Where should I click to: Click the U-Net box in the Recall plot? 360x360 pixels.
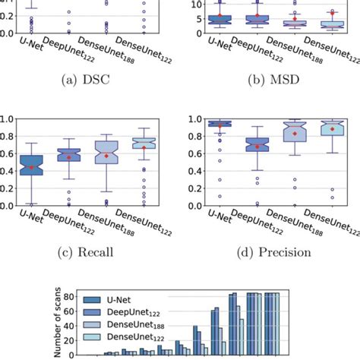(31, 166)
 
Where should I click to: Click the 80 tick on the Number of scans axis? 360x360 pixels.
(77, 296)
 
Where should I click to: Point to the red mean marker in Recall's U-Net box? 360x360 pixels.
(31, 167)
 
